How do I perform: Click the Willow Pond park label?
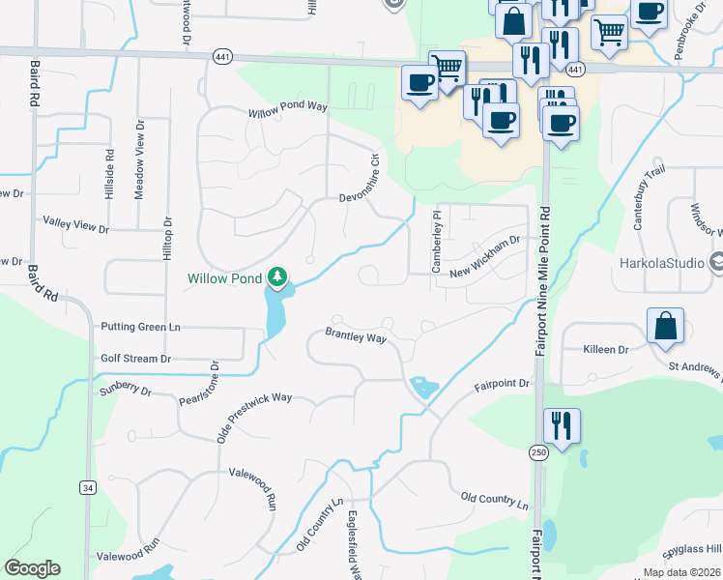click(x=224, y=280)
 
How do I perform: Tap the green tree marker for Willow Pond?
click(x=278, y=278)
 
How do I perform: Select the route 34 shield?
click(x=89, y=488)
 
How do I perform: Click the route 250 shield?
click(x=537, y=452)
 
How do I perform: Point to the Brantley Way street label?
click(x=356, y=337)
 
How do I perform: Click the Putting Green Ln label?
click(x=140, y=328)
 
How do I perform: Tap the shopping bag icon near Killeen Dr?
click(x=666, y=327)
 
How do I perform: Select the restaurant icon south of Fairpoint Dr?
click(x=560, y=424)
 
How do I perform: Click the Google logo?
click(x=32, y=568)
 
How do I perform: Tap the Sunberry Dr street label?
click(x=126, y=391)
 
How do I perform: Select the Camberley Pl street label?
click(x=436, y=242)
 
